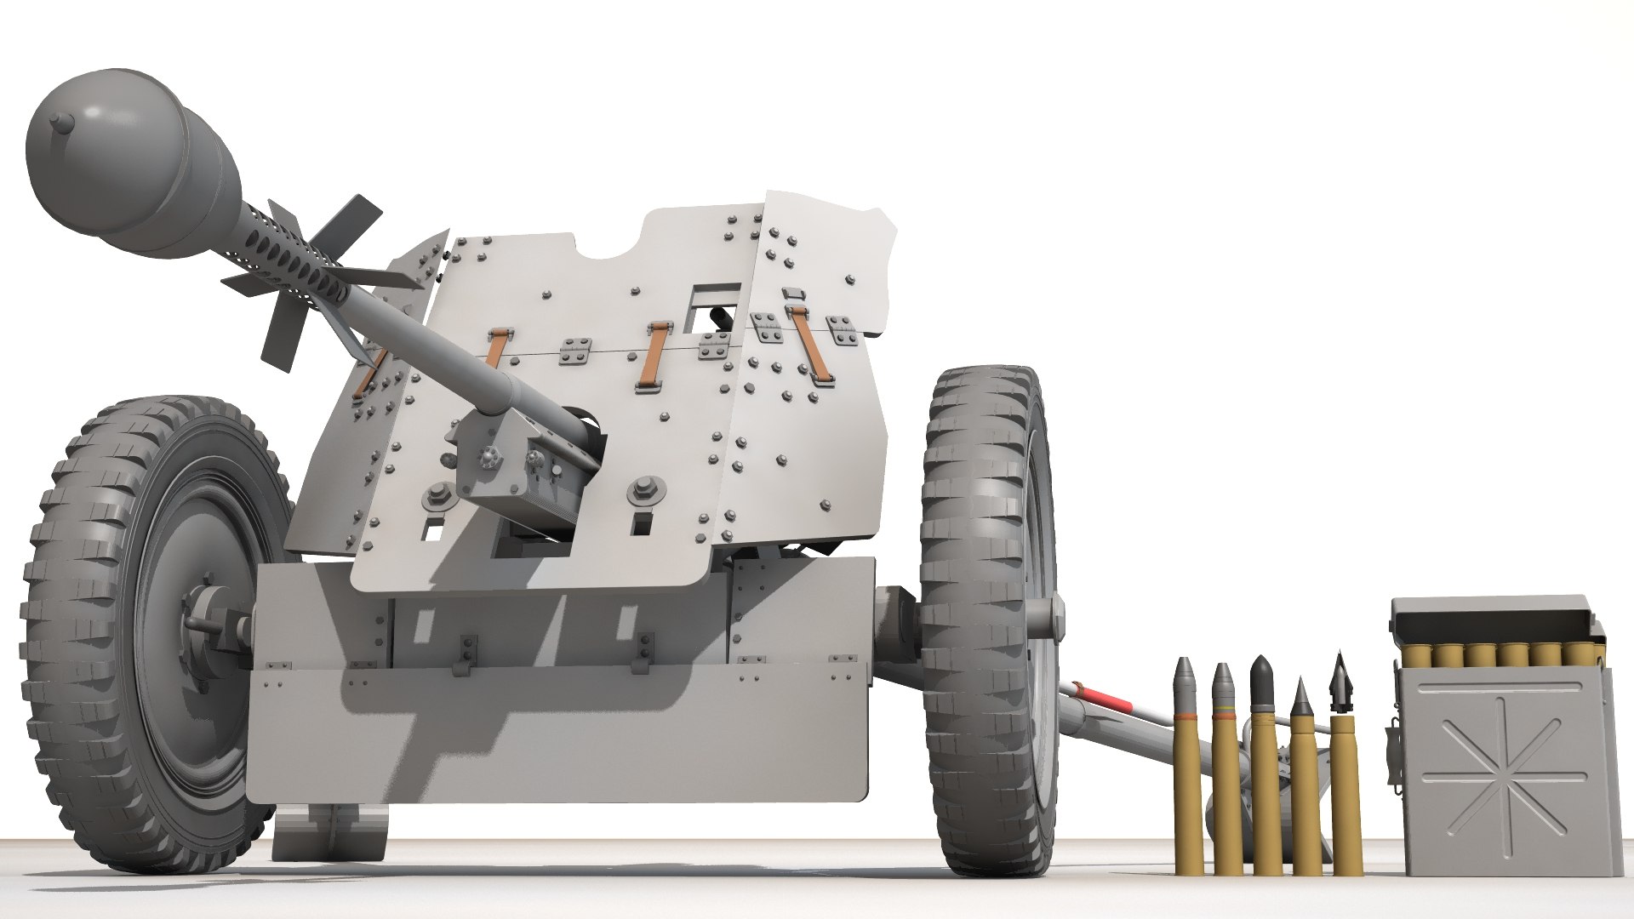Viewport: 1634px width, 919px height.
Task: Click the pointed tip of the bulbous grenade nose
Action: (x=58, y=120)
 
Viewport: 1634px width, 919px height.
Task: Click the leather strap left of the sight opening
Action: (x=654, y=356)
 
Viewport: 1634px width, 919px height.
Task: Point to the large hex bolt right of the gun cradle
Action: (x=643, y=493)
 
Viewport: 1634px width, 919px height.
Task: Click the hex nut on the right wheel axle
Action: (x=1055, y=614)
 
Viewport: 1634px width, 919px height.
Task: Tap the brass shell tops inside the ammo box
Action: (x=1498, y=654)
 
